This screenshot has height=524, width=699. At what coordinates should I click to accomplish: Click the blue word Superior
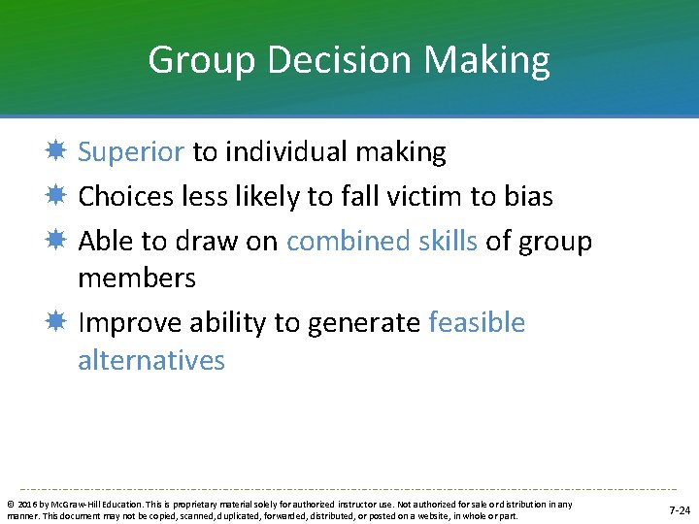point(131,152)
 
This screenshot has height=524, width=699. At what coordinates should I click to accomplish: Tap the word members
point(137,278)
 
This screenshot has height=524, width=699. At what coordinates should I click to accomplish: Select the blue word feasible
point(477,323)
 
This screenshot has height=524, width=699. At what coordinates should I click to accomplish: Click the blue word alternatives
point(151,361)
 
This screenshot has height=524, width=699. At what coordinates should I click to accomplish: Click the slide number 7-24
point(680,509)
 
